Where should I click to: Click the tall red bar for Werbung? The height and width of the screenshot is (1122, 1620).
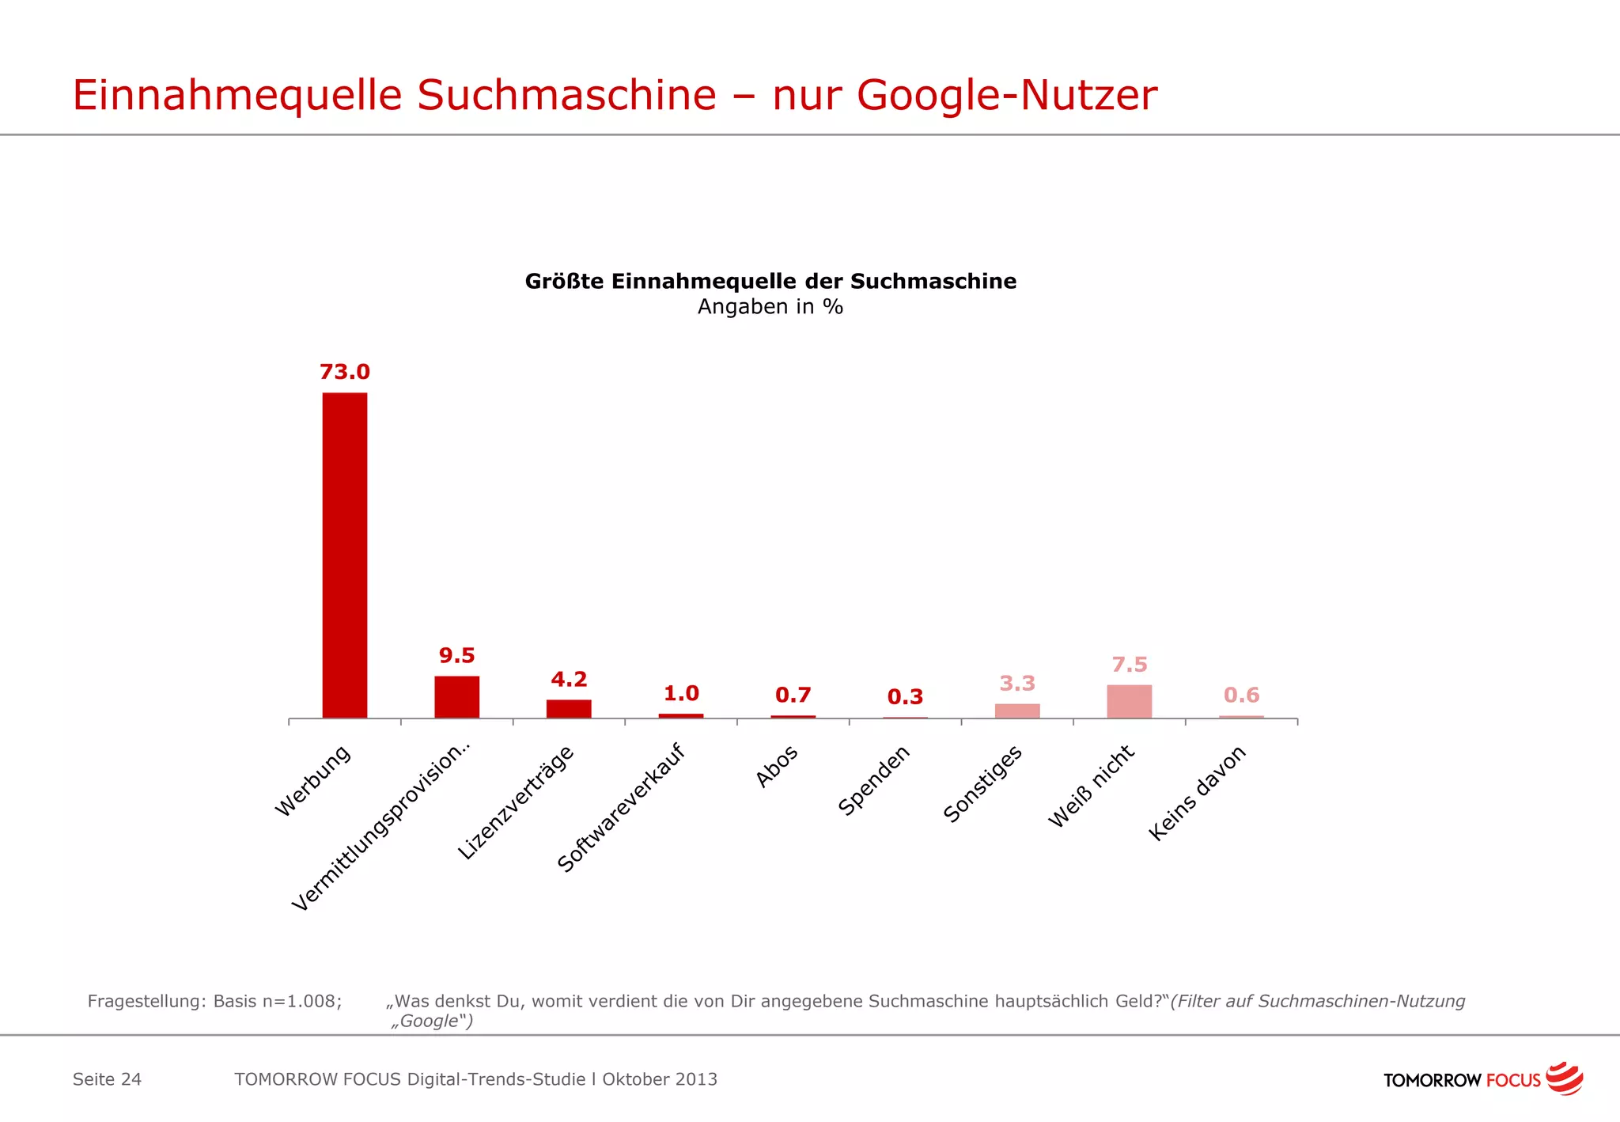coord(344,554)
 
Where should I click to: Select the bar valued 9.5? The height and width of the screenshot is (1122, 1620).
coord(456,697)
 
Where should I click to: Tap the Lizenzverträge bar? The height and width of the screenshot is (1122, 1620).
coord(569,709)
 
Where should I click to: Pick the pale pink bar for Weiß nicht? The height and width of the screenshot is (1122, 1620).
coord(1129,702)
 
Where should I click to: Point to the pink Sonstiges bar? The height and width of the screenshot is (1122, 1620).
coord(1017,711)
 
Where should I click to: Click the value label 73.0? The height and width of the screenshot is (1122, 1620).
coord(344,372)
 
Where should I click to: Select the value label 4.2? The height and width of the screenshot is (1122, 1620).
coord(569,680)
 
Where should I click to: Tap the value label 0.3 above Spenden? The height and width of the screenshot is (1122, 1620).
coord(905,697)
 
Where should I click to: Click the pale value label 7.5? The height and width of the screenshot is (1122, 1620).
coord(1129,665)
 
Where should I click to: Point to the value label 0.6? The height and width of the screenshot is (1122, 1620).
coord(1241,696)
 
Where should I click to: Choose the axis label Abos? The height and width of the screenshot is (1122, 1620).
coord(777,766)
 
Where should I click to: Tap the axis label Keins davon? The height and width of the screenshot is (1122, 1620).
coord(1197,793)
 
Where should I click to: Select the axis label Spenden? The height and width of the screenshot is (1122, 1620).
coord(874,780)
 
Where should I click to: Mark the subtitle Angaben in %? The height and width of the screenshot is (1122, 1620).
coord(770,307)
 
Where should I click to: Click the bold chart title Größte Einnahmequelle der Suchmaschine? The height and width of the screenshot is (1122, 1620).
coord(770,282)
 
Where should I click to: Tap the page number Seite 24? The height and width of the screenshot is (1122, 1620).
coord(107,1079)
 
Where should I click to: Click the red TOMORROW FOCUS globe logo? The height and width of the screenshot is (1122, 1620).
coord(1564,1078)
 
